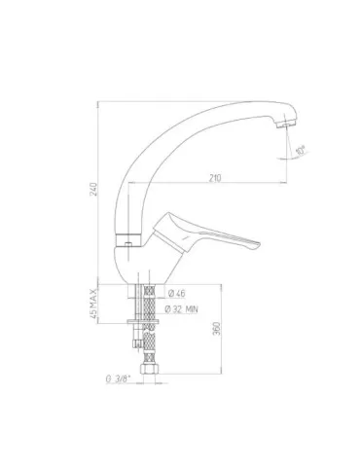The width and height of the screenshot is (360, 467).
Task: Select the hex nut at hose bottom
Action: point(152,373)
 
